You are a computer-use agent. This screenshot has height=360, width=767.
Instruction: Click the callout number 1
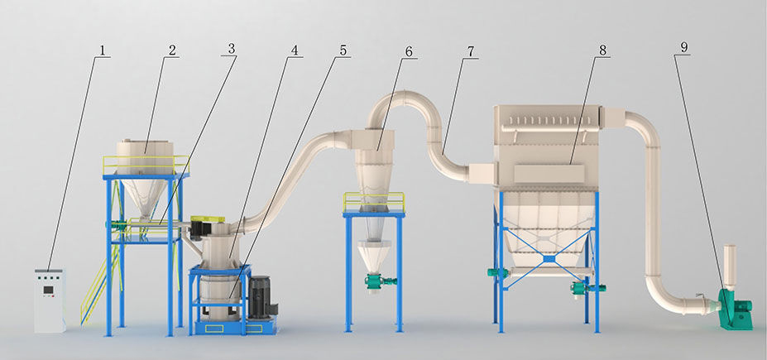point(103,50)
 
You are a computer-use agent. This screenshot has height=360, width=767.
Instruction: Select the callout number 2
point(172,50)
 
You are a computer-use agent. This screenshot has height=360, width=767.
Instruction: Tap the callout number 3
point(232,49)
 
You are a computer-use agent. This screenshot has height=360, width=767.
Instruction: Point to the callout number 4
point(294,50)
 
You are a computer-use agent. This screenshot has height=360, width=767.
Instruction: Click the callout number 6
point(409,51)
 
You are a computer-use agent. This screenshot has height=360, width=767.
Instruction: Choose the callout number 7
point(471,51)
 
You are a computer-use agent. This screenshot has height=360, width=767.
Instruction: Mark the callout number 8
point(602,50)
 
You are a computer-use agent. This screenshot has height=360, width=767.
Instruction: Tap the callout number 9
point(683,47)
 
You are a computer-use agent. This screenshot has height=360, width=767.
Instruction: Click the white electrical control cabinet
point(50,300)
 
